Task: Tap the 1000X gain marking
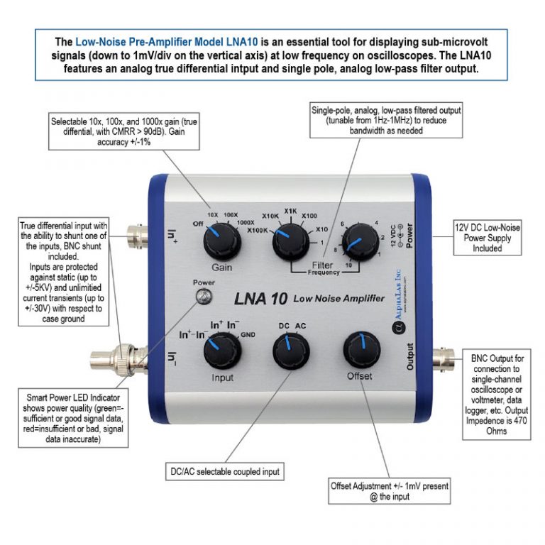coord(244,222)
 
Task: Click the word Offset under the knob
coord(359,376)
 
